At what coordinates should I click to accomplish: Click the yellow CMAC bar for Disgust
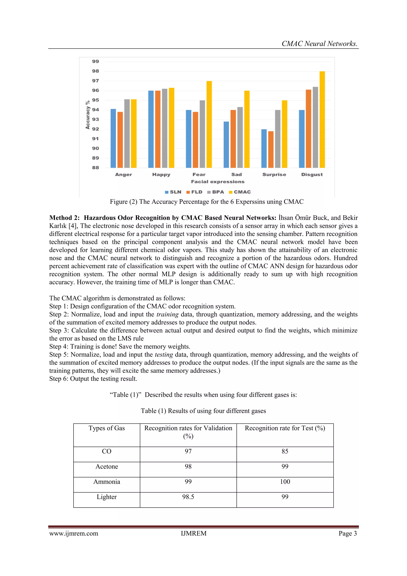[322, 119]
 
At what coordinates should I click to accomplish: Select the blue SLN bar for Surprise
[264, 149]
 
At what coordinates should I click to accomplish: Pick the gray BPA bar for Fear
[202, 134]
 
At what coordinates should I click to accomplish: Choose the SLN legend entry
[173, 192]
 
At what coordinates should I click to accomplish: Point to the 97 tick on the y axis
[96, 81]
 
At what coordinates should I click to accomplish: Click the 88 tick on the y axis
[96, 168]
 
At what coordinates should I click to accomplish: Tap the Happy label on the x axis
[161, 174]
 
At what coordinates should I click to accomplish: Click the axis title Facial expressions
[218, 182]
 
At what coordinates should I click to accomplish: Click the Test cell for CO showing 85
[285, 451]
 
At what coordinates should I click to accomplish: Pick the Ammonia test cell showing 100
[285, 482]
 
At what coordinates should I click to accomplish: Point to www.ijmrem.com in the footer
[74, 533]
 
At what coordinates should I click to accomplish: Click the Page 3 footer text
[348, 533]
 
